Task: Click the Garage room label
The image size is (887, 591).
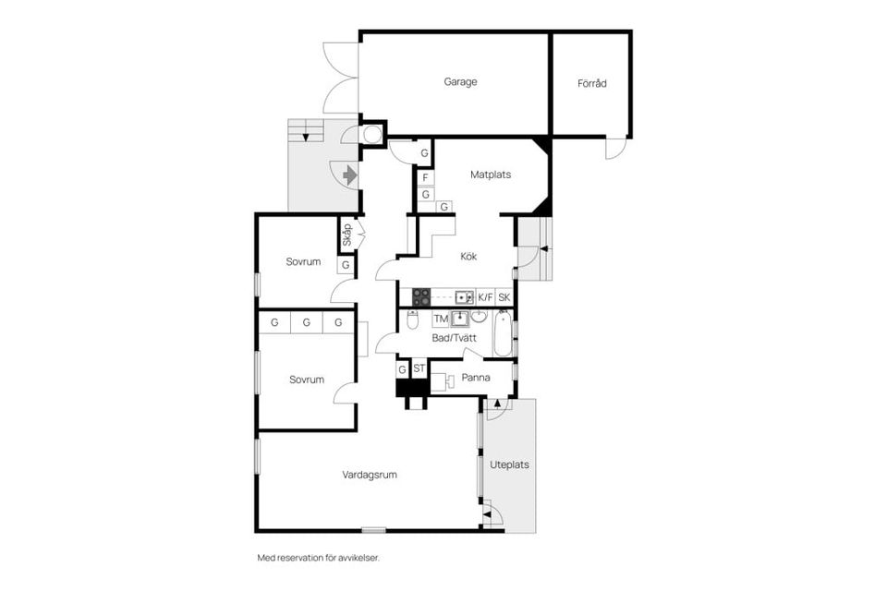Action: pyautogui.click(x=460, y=82)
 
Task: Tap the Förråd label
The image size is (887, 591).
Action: pyautogui.click(x=592, y=83)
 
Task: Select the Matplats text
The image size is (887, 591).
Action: pyautogui.click(x=491, y=175)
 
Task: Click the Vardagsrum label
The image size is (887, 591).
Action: pyautogui.click(x=370, y=476)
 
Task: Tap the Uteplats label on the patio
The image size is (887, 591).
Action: pyautogui.click(x=510, y=465)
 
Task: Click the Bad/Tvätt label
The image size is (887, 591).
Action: pyautogui.click(x=455, y=339)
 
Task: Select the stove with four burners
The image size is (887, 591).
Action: pyautogui.click(x=421, y=297)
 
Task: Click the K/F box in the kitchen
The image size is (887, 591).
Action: pyautogui.click(x=486, y=297)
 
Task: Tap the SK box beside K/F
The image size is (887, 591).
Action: pyautogui.click(x=504, y=297)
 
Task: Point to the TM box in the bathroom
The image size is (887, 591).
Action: pyautogui.click(x=441, y=320)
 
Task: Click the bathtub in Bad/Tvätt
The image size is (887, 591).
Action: pyautogui.click(x=502, y=334)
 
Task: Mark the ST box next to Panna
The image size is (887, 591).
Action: pyautogui.click(x=419, y=369)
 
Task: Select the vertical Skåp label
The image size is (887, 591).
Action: pyautogui.click(x=346, y=235)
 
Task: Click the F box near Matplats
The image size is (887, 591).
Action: pyautogui.click(x=425, y=177)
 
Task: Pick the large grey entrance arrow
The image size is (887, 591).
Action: pyautogui.click(x=349, y=175)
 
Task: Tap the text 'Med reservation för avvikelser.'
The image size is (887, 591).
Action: pyautogui.click(x=318, y=558)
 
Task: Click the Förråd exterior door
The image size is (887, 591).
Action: pyautogui.click(x=615, y=149)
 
